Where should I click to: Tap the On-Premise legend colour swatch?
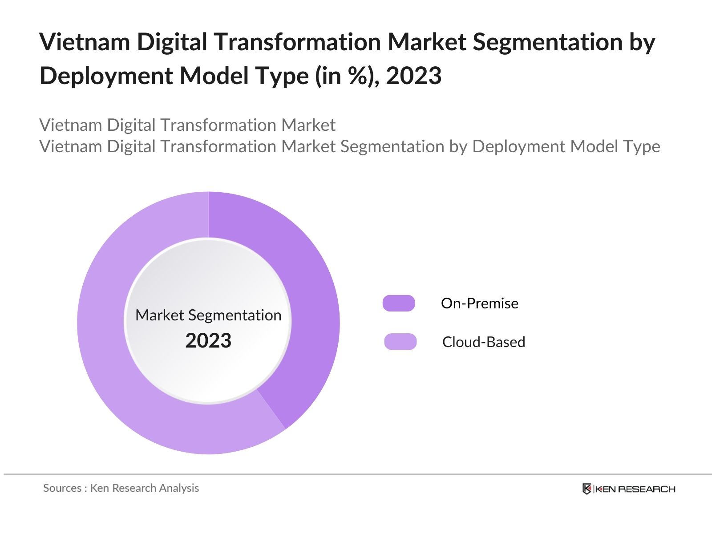(399, 303)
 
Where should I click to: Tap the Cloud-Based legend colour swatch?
(400, 342)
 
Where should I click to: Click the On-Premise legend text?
(479, 303)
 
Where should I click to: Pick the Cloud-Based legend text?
(483, 342)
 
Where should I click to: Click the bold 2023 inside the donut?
(208, 341)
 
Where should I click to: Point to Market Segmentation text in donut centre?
(208, 315)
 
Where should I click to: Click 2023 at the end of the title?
(413, 76)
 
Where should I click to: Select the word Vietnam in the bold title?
(85, 42)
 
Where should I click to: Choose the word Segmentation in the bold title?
(548, 42)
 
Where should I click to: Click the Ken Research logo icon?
(587, 489)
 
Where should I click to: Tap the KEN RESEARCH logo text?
(635, 489)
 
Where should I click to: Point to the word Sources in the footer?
(62, 488)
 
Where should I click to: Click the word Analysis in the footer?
(179, 488)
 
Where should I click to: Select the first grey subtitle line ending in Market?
(187, 125)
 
